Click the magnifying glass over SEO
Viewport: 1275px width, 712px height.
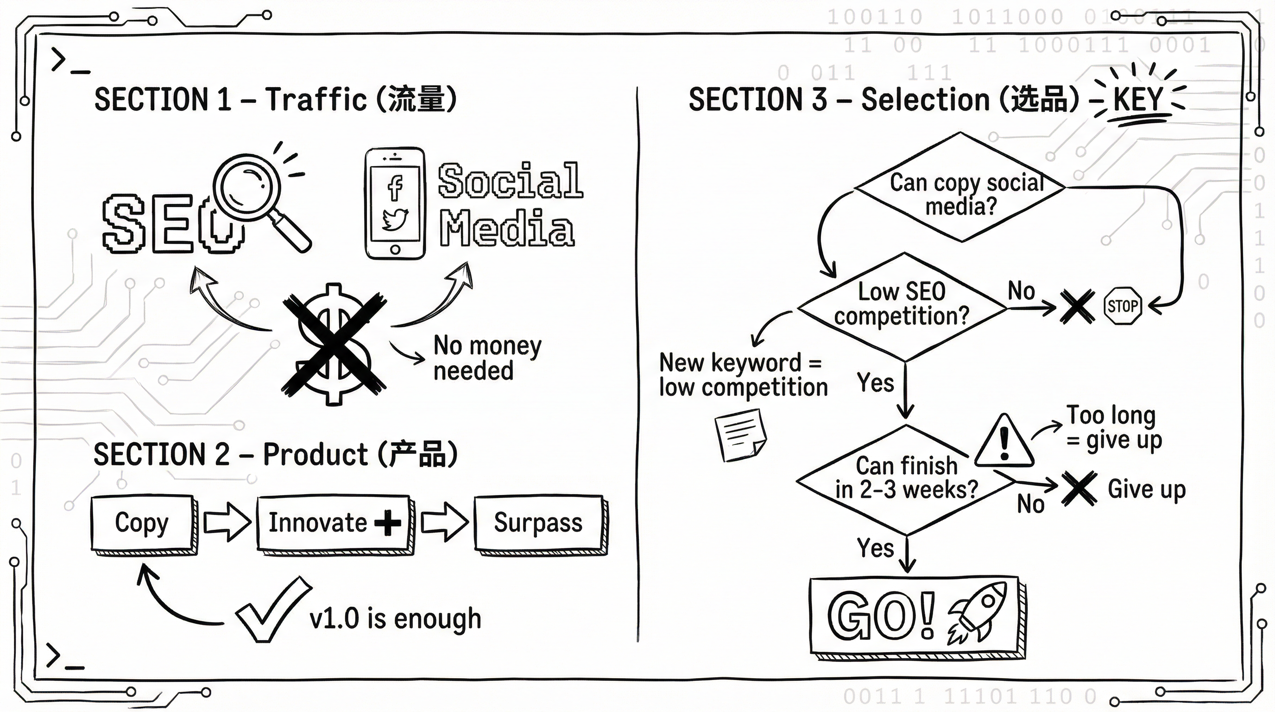click(247, 188)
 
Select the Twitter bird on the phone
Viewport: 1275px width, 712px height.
click(395, 219)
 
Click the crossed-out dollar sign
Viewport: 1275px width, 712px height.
click(334, 344)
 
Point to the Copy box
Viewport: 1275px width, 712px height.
click(142, 523)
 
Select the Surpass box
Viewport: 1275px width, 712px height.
click(538, 523)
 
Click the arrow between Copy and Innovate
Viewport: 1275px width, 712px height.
click(227, 523)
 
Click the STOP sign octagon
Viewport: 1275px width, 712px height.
click(1123, 306)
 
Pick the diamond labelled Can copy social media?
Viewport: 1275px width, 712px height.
click(960, 188)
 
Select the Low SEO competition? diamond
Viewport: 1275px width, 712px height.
click(902, 307)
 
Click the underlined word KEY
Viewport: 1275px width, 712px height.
click(1137, 100)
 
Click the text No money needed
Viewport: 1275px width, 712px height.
click(487, 358)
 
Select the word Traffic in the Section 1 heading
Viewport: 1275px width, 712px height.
click(316, 99)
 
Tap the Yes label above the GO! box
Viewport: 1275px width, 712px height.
click(875, 548)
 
